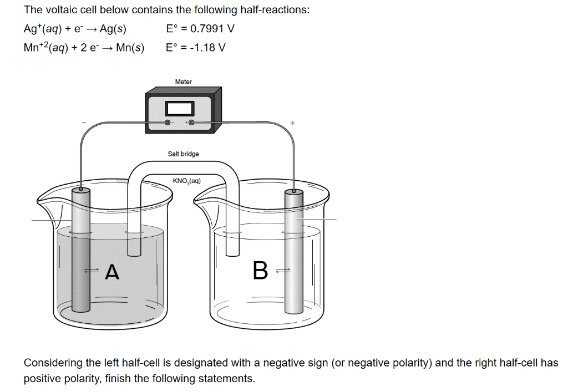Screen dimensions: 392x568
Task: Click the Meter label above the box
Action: pyautogui.click(x=183, y=82)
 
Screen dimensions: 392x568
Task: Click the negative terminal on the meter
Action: pyautogui.click(x=167, y=122)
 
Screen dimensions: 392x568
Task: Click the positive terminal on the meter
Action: pyautogui.click(x=191, y=122)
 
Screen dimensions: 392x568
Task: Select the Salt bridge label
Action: pyautogui.click(x=183, y=154)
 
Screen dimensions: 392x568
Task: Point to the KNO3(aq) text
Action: pyautogui.click(x=186, y=181)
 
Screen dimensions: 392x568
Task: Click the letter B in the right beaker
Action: pyautogui.click(x=260, y=271)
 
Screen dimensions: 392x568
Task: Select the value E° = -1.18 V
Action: pyautogui.click(x=195, y=48)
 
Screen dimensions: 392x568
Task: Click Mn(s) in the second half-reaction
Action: pyautogui.click(x=130, y=48)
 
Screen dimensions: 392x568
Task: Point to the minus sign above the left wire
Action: pyautogui.click(x=84, y=123)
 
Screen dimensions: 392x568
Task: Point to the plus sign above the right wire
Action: pyautogui.click(x=292, y=123)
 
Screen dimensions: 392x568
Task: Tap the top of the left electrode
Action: pyautogui.click(x=81, y=190)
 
